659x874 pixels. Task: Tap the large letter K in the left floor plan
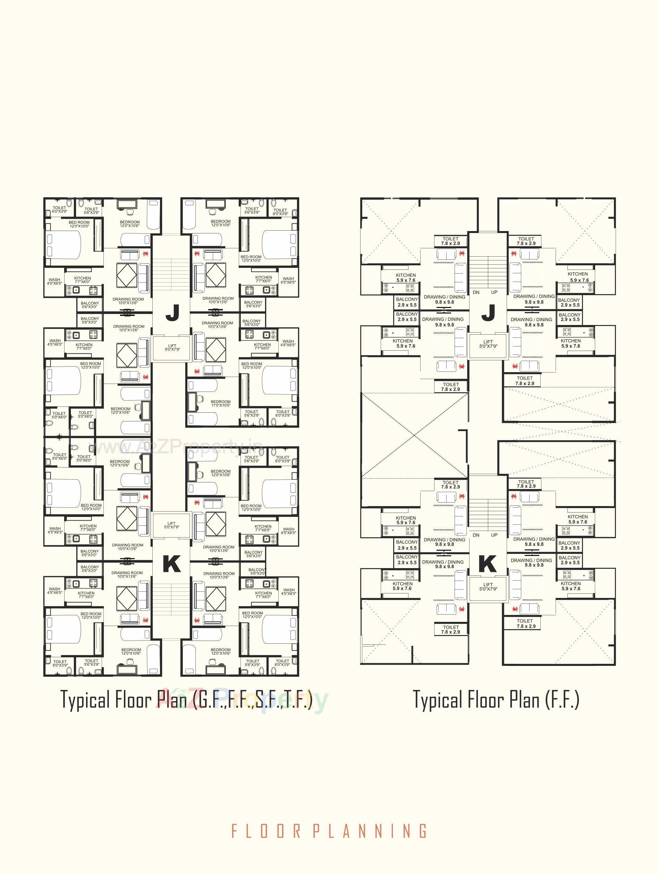171,564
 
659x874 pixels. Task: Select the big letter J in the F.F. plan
488,313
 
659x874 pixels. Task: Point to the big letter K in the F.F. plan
488,564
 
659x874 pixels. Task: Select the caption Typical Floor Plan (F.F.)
496,699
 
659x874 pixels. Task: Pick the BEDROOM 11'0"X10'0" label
220,403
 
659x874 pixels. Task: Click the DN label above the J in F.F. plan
476,292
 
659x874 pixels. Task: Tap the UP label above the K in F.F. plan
494,535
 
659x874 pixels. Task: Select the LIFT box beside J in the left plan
171,348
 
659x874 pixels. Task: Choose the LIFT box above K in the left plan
171,525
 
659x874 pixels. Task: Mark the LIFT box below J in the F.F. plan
488,344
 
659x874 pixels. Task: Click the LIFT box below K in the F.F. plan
488,587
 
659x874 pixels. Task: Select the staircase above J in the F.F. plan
488,271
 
